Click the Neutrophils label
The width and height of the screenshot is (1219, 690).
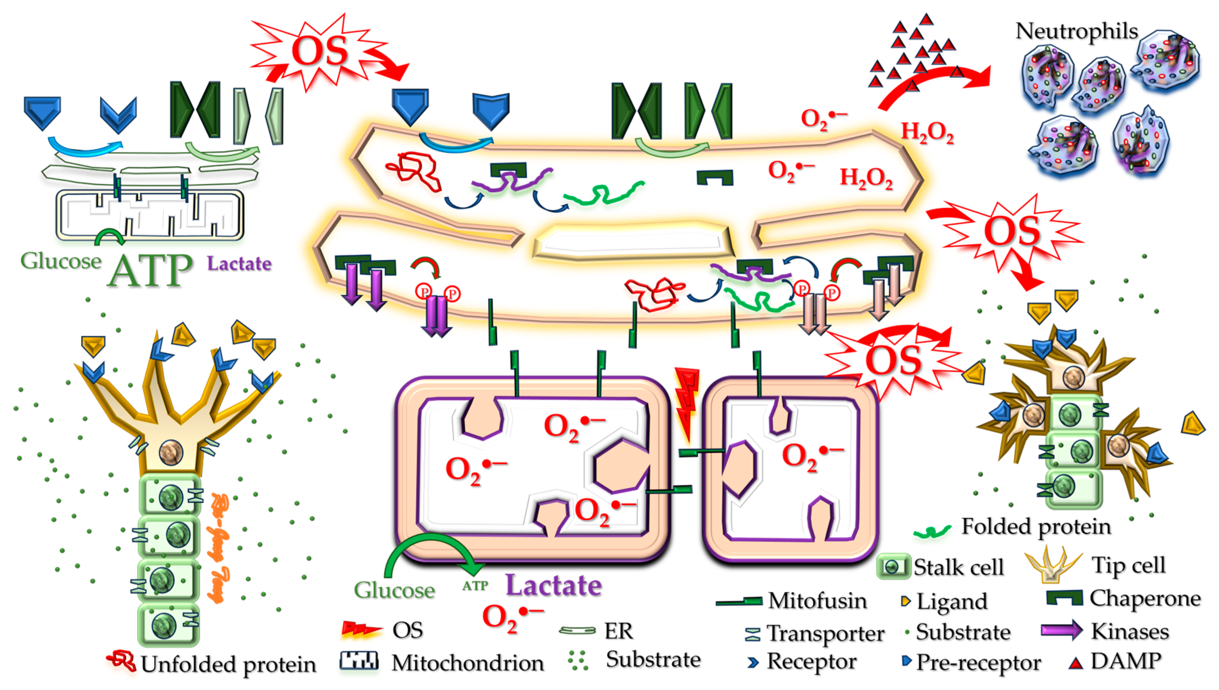tap(1076, 32)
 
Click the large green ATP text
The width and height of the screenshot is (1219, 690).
tap(150, 271)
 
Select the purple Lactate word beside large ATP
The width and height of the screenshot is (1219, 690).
tap(239, 263)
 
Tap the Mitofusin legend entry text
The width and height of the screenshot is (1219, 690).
tap(817, 600)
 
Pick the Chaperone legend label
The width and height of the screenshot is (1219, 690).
tap(1145, 598)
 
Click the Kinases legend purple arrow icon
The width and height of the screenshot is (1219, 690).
tap(1061, 630)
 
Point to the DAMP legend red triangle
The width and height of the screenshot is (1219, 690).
tap(1076, 663)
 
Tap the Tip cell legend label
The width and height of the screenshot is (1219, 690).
tap(1128, 565)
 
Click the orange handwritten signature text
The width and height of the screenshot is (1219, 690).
tap(220, 548)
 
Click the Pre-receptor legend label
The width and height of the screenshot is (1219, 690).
tap(978, 662)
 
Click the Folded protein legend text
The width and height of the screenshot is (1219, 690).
tap(1035, 526)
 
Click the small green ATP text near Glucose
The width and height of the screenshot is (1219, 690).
tap(475, 586)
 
